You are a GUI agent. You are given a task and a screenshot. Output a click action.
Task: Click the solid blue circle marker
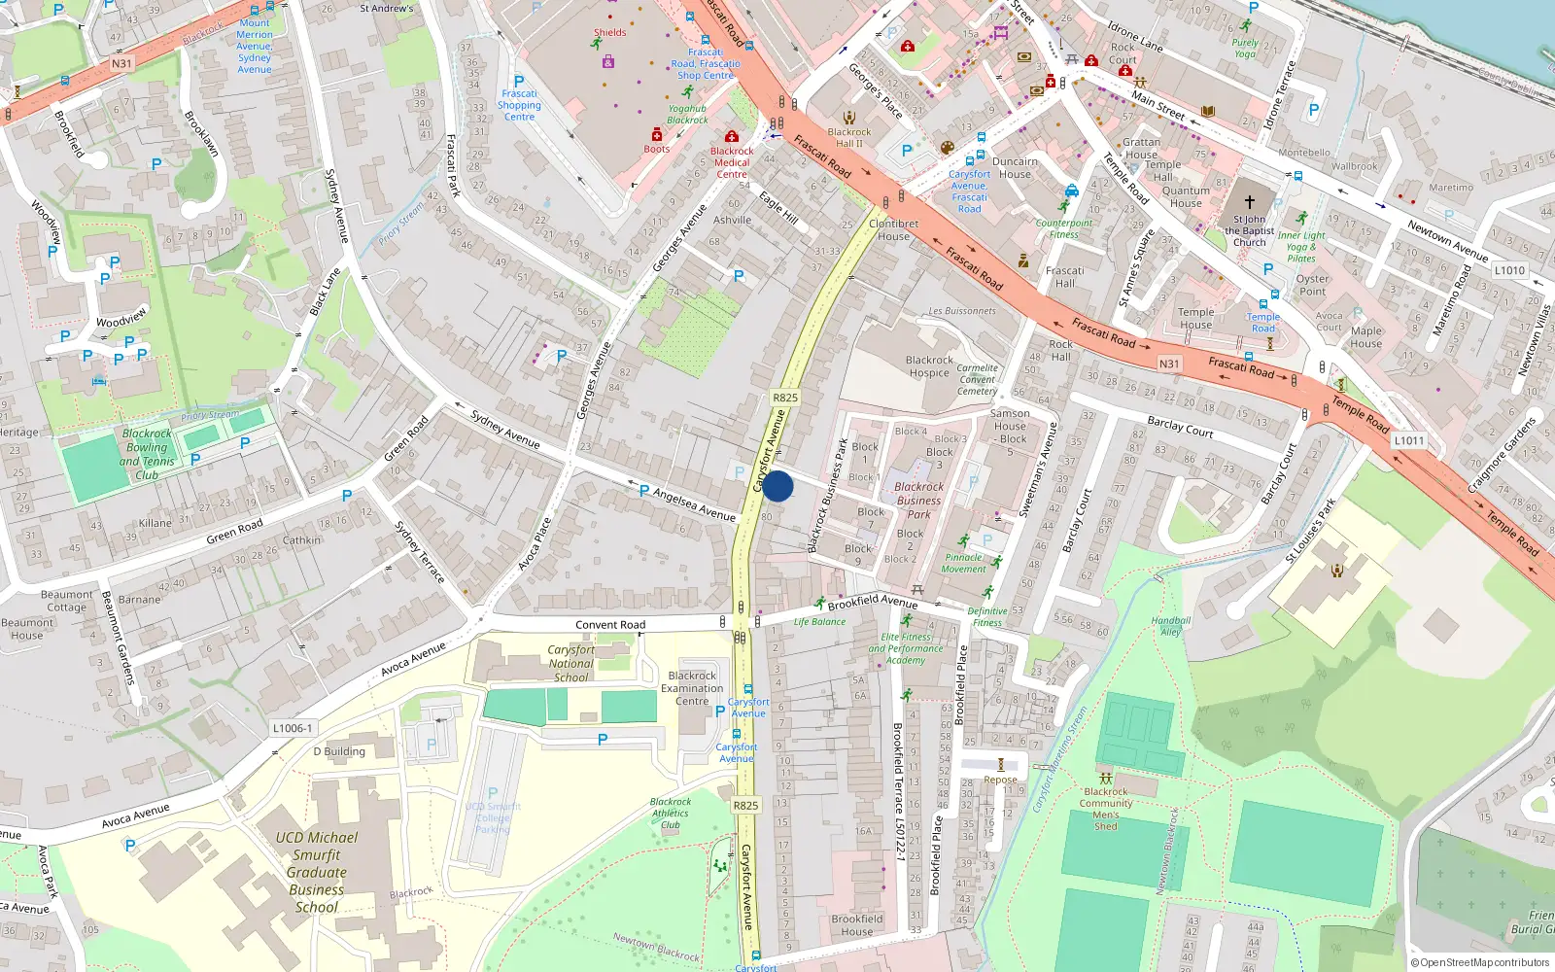777,486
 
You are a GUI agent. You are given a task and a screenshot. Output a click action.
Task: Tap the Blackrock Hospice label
929,366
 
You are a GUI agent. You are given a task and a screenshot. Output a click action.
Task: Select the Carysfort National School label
570,663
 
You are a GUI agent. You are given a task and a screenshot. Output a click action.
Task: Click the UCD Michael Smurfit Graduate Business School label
317,872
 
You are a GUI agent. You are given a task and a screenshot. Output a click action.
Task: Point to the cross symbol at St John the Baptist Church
1250,202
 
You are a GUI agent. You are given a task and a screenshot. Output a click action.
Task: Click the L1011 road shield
1409,440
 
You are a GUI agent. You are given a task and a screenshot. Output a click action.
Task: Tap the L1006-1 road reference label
293,728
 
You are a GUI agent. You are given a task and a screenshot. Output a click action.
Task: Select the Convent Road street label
610,625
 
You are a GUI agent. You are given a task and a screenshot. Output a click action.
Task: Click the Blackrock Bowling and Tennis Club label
147,454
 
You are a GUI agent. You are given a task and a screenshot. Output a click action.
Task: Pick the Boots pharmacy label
657,149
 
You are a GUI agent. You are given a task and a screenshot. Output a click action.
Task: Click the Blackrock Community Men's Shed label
1106,809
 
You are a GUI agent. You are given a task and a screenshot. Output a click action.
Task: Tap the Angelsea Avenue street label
694,503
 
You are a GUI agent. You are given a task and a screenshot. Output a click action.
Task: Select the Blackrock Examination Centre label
692,688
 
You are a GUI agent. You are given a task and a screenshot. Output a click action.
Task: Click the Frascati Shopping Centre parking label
519,105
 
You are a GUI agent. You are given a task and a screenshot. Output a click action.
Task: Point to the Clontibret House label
893,229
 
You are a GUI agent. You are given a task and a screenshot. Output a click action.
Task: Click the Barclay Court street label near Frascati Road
1180,426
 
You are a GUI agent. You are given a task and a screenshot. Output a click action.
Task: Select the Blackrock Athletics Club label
671,814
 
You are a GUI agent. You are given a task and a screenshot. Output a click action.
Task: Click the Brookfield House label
857,924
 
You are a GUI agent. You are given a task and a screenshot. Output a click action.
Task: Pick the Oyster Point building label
1312,285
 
